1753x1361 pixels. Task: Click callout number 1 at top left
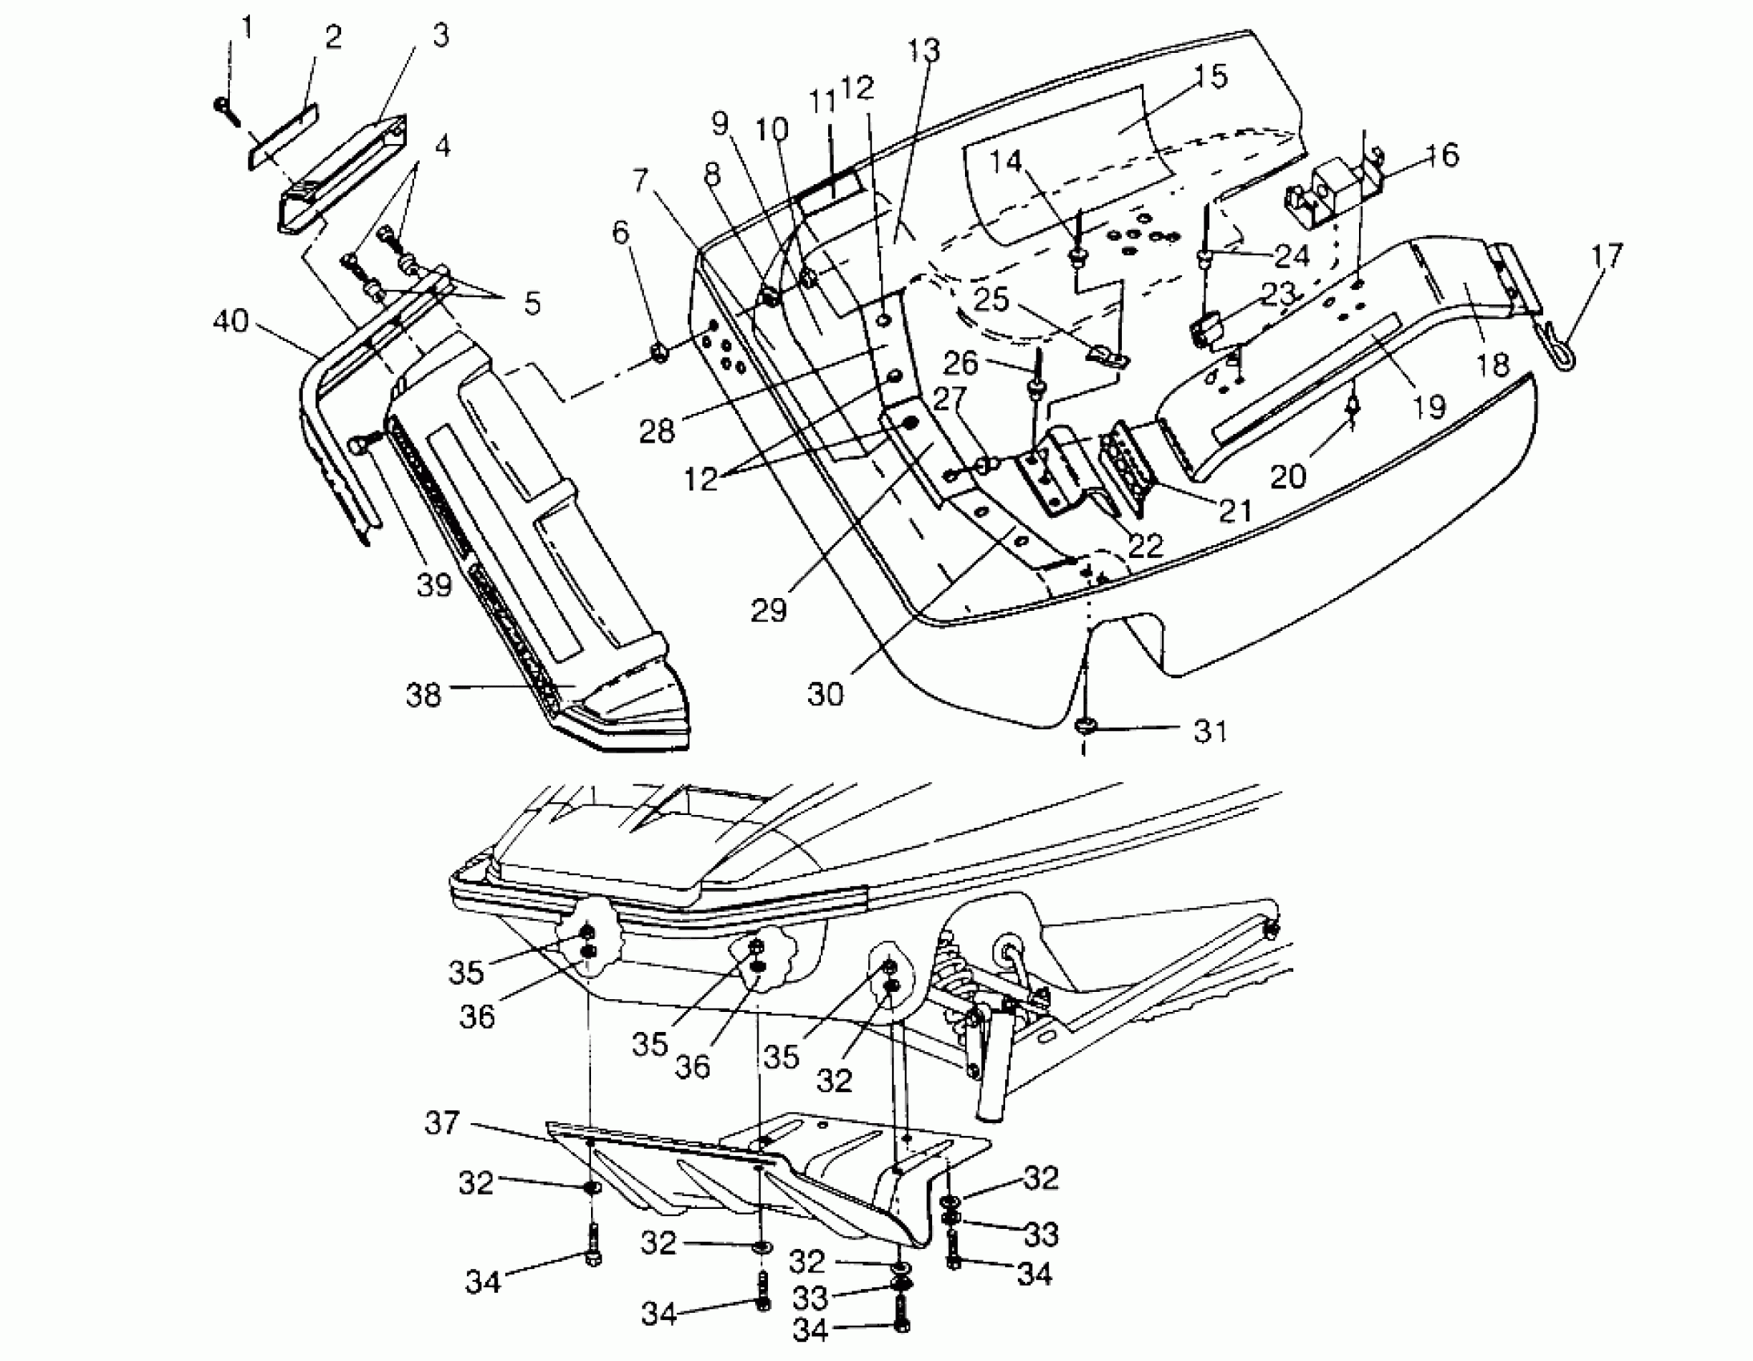click(x=247, y=29)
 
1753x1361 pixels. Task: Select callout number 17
click(x=1607, y=257)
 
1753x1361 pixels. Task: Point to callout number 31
click(x=1210, y=731)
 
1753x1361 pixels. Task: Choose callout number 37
click(x=441, y=1122)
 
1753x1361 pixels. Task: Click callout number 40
click(x=231, y=322)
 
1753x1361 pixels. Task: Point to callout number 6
click(x=621, y=233)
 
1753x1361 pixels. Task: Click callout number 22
click(x=1144, y=545)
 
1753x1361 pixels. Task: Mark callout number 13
click(x=923, y=50)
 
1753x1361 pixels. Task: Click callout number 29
click(x=768, y=611)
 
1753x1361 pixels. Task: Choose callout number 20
click(x=1289, y=476)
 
